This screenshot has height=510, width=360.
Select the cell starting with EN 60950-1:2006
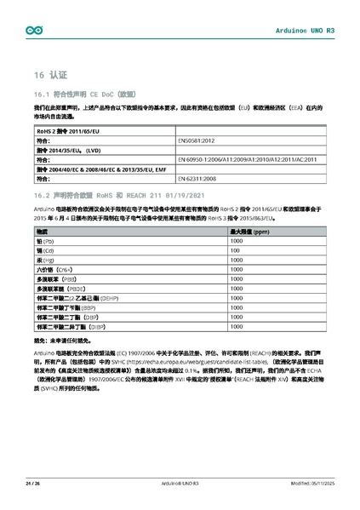coord(247,158)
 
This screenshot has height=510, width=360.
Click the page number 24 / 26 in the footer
coord(33,483)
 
